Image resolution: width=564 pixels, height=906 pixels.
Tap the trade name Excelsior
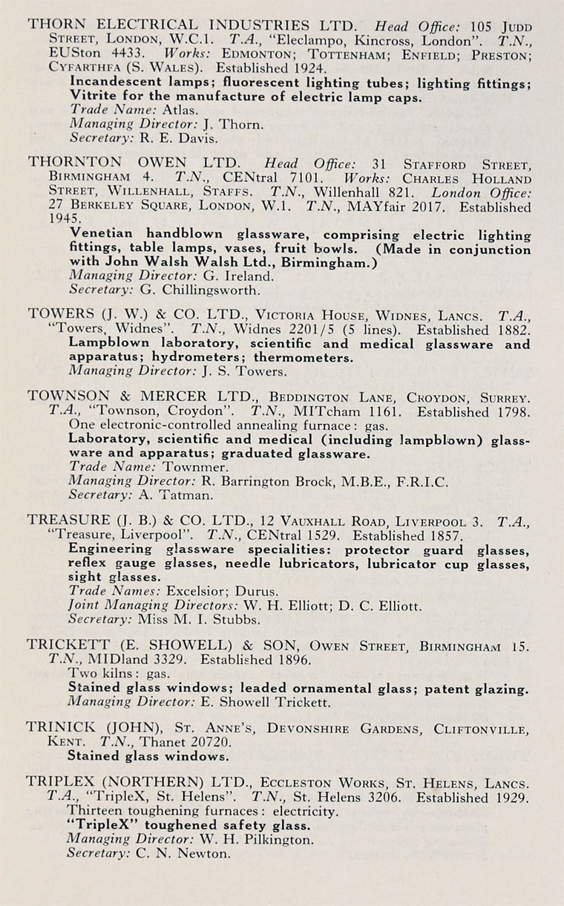point(189,591)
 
